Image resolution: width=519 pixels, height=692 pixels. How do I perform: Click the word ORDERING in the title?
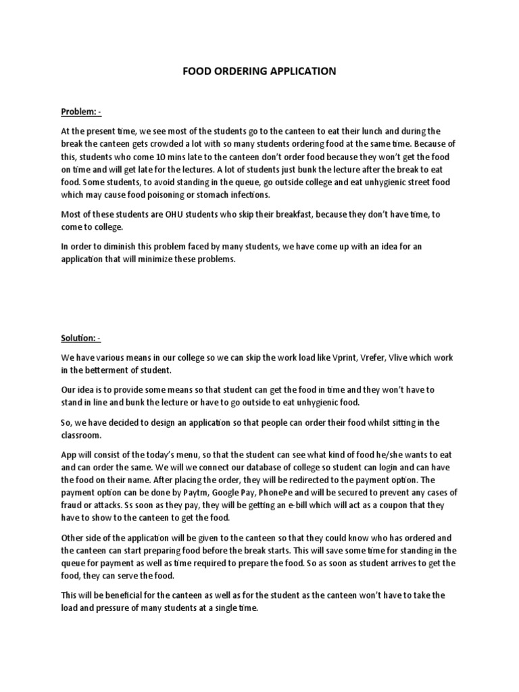tap(242, 71)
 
